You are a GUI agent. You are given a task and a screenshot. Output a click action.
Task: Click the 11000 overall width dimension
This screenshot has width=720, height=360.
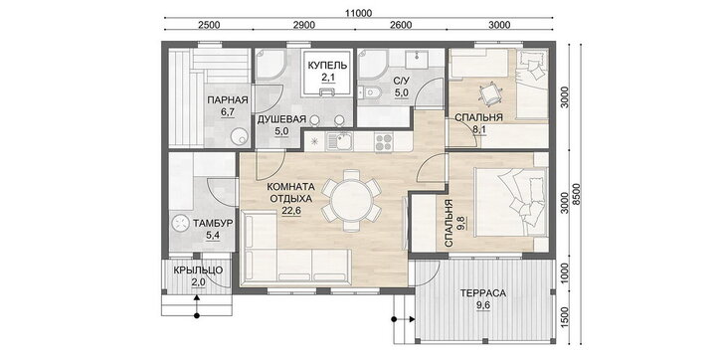pyautogui.click(x=359, y=13)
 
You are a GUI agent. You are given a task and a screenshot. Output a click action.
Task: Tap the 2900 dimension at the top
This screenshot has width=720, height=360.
pyautogui.click(x=304, y=25)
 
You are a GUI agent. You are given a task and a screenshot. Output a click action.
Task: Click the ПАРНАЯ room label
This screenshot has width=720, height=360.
pyautogui.click(x=228, y=100)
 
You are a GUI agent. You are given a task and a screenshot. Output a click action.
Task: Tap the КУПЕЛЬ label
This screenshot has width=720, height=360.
pyautogui.click(x=327, y=66)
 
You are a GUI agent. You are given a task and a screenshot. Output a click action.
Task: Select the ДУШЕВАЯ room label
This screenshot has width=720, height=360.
pyautogui.click(x=281, y=120)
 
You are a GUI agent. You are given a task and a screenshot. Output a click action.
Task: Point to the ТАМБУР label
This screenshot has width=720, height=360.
pyautogui.click(x=213, y=224)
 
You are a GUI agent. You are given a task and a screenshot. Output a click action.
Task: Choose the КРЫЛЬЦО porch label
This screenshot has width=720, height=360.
pyautogui.click(x=198, y=270)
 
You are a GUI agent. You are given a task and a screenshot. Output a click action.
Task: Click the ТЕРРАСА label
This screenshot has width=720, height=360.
pyautogui.click(x=484, y=293)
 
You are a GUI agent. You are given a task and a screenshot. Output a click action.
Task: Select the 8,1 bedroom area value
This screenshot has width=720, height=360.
pyautogui.click(x=479, y=130)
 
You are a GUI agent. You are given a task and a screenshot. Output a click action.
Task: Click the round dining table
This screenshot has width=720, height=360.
pyautogui.click(x=351, y=200)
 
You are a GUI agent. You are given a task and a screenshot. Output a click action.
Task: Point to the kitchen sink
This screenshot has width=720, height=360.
pyautogui.click(x=339, y=142)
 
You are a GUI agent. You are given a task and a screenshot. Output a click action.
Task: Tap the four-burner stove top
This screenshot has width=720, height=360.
pyautogui.click(x=384, y=142)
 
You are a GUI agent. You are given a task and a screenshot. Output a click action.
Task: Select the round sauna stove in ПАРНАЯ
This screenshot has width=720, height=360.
pyautogui.click(x=239, y=136)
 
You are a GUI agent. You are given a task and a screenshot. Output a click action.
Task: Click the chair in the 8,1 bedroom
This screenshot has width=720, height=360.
pyautogui.click(x=487, y=92)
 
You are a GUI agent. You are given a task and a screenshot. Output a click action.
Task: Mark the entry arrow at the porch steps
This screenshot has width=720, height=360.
pyautogui.click(x=197, y=305)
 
